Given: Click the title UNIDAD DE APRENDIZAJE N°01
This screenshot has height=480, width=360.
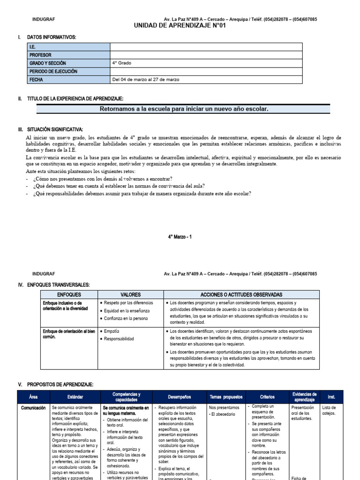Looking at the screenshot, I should pos(180,26).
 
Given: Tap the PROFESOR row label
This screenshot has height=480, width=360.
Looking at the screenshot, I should pos(40,55).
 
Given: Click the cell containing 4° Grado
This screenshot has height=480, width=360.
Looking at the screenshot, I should pos(121,63).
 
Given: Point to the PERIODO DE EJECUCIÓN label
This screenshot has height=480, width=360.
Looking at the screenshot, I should pos(53,71).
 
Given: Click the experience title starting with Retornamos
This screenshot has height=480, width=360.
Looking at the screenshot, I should pos(184,109).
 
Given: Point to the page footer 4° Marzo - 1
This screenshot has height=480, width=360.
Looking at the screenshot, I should pos(180,237).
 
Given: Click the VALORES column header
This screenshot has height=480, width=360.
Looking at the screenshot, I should pos(130,294).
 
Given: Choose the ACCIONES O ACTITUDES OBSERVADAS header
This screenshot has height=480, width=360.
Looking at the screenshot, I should pos(241,294).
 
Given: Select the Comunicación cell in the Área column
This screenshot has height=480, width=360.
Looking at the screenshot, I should pos(33,408).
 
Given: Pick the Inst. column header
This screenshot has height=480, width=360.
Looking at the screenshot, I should pos(331,397).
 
